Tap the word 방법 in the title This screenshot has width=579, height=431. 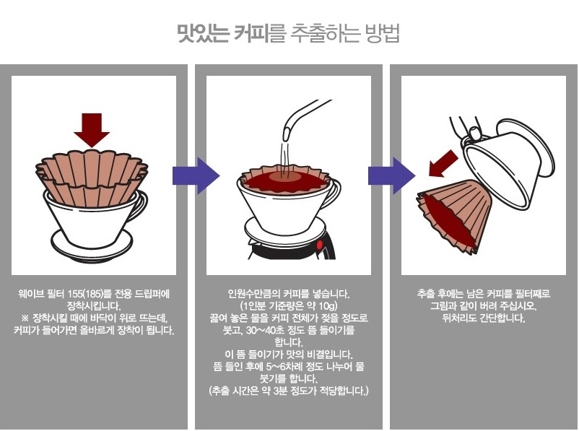click(x=382, y=33)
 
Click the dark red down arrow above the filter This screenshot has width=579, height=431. click(x=92, y=130)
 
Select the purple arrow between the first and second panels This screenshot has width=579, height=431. click(x=196, y=175)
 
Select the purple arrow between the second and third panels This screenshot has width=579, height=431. click(x=391, y=175)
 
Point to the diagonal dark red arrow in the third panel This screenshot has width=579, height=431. click(x=443, y=163)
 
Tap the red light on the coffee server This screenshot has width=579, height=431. click(x=319, y=245)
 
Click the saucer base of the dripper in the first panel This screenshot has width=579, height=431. click(x=92, y=244)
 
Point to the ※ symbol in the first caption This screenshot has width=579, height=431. click(x=25, y=318)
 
